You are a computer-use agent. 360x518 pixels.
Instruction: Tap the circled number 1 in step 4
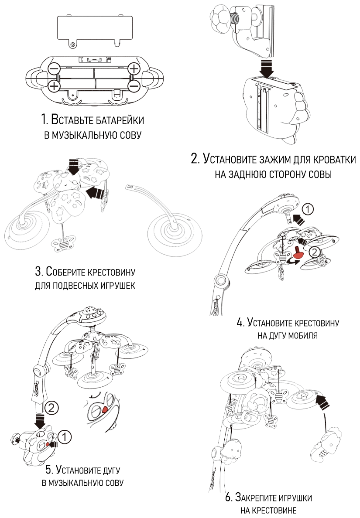tap(308, 210)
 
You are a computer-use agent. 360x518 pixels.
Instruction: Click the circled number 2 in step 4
tap(314, 252)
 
